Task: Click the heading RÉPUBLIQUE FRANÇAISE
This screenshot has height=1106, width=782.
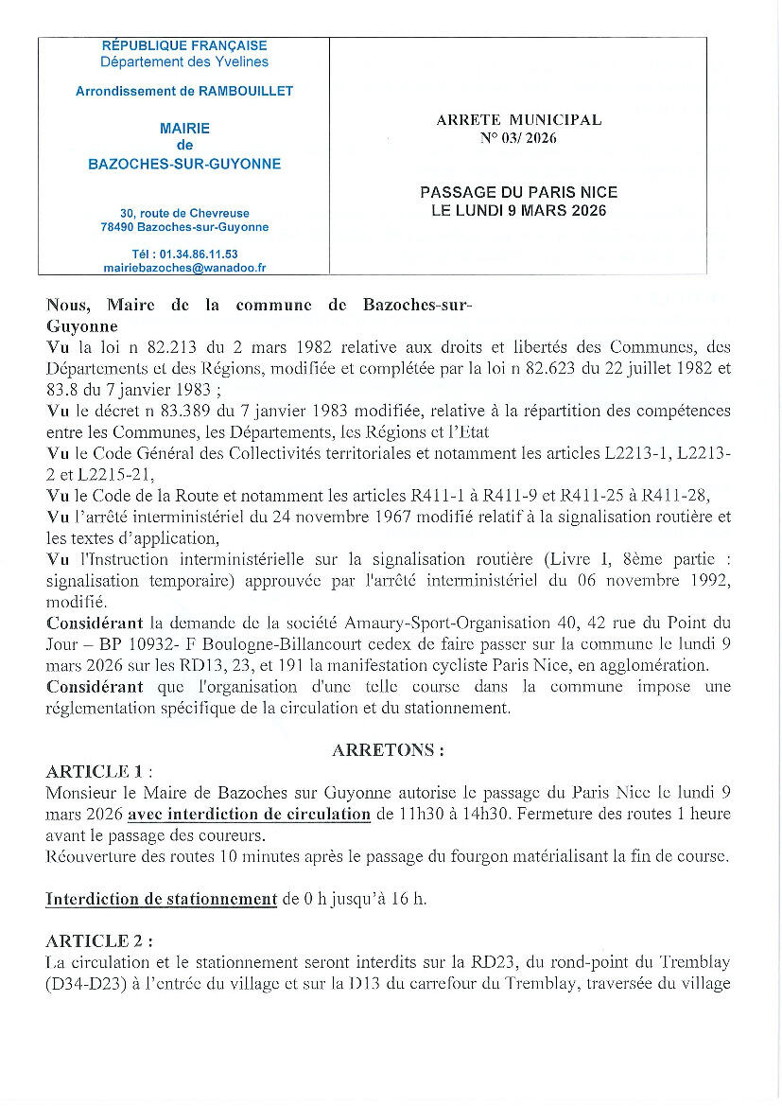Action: tap(184, 45)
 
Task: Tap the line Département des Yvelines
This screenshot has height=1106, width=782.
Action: tap(184, 61)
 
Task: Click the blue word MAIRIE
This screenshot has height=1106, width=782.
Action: tap(184, 128)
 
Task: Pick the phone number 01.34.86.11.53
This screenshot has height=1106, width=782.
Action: tap(198, 254)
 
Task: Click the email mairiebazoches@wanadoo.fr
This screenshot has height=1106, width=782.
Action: tap(184, 268)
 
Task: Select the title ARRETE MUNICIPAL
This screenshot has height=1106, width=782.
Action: tap(518, 120)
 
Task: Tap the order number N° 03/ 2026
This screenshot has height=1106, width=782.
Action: tap(518, 138)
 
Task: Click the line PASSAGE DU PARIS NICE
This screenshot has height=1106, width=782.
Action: tap(518, 193)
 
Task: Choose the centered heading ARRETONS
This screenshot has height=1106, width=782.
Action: tap(388, 750)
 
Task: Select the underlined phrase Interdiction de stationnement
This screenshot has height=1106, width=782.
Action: tap(162, 899)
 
